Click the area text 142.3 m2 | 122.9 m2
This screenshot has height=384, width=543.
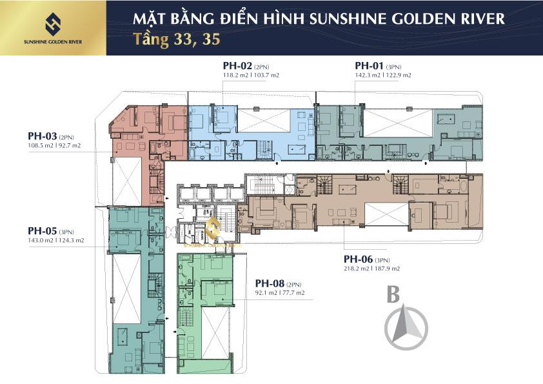tap(383, 75)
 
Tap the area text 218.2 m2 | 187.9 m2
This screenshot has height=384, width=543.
tap(372, 268)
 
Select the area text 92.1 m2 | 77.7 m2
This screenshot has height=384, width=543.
tap(279, 292)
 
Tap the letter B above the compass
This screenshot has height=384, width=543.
tap(393, 294)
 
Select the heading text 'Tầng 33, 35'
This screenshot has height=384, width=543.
tap(177, 39)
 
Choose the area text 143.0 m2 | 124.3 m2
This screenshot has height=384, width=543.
tap(56, 240)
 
